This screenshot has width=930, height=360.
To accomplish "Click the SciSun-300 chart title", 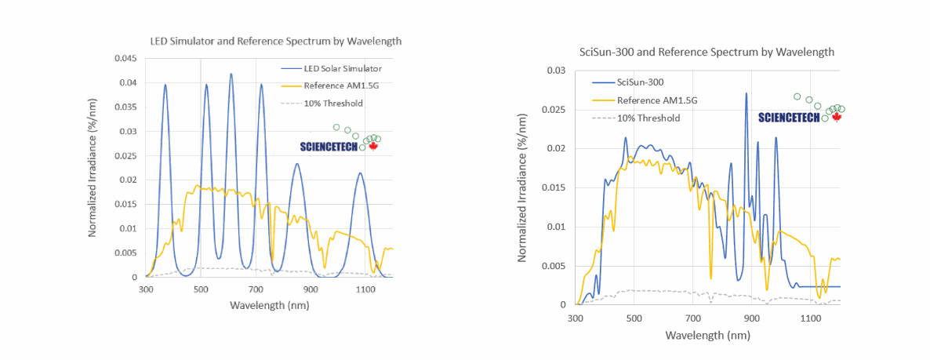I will [707, 52].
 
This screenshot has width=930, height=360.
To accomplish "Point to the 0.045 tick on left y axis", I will [125, 59].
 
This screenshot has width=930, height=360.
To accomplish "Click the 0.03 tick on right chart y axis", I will [556, 71].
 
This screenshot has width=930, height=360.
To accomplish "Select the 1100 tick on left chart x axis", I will [366, 289].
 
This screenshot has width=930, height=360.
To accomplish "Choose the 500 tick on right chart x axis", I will [634, 318].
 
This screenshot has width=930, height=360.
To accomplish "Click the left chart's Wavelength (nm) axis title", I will [270, 304].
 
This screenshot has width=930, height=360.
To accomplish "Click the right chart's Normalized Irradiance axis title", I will [522, 187].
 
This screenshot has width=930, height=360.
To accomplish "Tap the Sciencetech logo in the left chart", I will [333, 146].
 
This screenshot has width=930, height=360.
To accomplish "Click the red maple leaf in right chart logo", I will [836, 118].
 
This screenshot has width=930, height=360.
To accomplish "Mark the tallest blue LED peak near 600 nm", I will [231, 75].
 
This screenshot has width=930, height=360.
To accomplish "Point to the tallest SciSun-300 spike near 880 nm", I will [746, 93].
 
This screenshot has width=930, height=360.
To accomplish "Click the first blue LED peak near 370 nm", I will [165, 85].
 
